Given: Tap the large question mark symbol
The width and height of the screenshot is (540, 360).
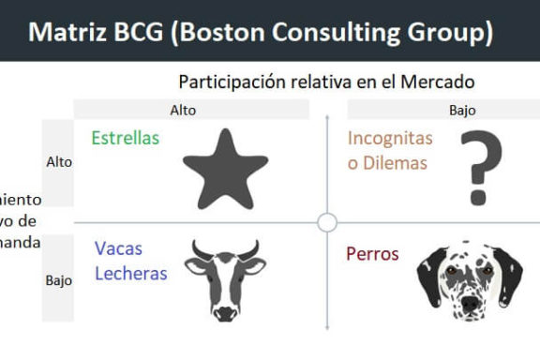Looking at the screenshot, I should [x=480, y=168].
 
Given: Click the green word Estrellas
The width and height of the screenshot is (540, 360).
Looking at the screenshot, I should [x=126, y=138].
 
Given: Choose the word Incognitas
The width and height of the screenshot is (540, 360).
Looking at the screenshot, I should [x=390, y=138].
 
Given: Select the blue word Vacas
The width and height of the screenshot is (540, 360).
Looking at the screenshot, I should [x=118, y=249].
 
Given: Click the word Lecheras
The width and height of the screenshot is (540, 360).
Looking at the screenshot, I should [x=130, y=273].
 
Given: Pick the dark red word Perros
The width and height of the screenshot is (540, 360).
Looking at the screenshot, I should [x=372, y=253].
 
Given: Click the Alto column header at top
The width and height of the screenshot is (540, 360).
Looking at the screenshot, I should [x=183, y=110].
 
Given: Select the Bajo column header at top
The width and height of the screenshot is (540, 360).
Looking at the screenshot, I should [x=462, y=110].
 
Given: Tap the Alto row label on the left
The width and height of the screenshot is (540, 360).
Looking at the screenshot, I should [x=58, y=161].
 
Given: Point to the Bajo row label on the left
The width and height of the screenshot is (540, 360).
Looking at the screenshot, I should [x=58, y=279].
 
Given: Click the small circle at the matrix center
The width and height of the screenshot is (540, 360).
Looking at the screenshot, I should [x=326, y=222].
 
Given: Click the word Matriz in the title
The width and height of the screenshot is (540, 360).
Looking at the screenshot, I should [x=66, y=32].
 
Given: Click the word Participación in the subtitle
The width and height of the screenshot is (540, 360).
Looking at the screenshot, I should [x=232, y=82].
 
